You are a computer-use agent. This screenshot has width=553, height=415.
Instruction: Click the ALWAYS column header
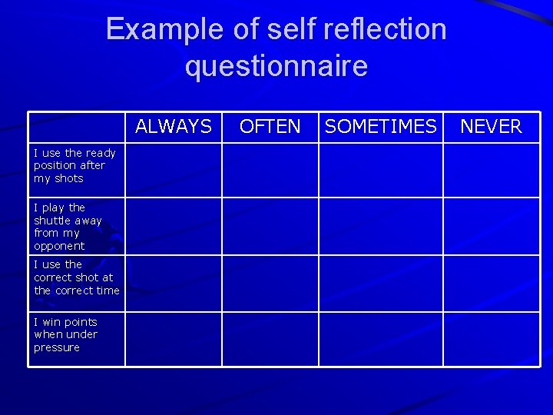174,127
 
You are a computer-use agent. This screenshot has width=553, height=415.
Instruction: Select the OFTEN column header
270,127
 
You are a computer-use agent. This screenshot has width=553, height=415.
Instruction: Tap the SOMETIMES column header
380,127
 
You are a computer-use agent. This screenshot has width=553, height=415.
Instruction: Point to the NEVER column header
491,127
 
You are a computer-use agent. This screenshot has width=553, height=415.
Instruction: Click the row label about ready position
75,165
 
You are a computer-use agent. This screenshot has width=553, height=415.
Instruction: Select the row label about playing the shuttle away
68,227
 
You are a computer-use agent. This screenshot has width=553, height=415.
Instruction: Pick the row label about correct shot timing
76,277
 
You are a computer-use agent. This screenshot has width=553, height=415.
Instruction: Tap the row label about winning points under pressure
65,334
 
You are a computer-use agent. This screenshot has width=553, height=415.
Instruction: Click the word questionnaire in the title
276,67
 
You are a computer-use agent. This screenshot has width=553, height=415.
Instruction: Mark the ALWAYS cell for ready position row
174,169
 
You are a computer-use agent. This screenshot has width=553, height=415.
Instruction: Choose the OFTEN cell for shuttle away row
270,226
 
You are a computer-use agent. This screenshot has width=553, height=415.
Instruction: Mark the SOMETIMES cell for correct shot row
380,283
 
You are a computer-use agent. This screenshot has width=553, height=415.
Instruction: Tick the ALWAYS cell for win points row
174,339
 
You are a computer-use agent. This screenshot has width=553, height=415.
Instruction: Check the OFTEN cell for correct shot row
270,283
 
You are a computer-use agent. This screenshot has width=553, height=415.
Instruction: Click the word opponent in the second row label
59,246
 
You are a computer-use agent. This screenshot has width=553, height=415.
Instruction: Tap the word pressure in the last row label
57,347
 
